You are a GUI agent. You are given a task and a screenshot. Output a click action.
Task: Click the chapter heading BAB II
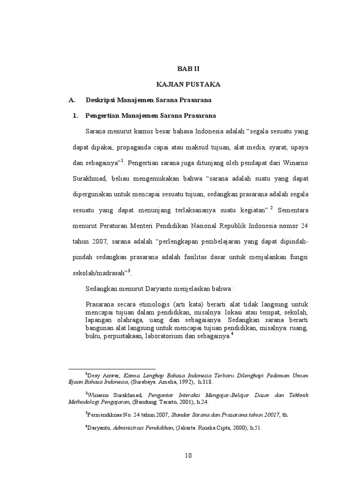coord(188,68)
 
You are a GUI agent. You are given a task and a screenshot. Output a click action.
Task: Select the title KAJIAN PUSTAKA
coord(188,84)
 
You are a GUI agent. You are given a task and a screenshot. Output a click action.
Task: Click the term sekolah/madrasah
coord(99,273)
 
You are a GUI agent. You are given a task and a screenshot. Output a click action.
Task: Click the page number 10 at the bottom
coord(188,455)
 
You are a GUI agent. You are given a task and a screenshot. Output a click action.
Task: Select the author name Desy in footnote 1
coord(95,375)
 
